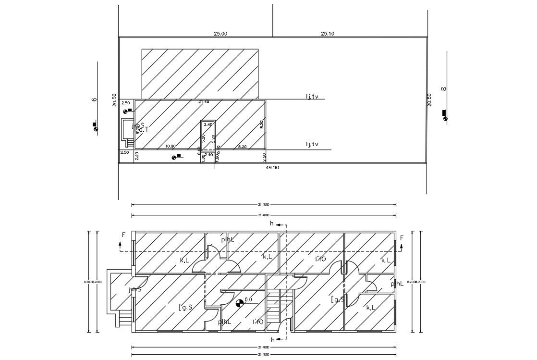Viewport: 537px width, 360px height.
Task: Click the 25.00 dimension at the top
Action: click(220, 34)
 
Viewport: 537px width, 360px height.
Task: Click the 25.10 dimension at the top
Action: click(328, 34)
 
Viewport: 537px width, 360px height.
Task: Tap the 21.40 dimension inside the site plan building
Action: click(204, 102)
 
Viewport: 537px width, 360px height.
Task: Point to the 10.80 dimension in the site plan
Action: click(170, 146)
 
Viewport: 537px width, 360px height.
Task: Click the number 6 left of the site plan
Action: click(95, 99)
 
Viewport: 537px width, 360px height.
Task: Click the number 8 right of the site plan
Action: click(444, 88)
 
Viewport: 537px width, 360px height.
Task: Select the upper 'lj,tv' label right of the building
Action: click(312, 97)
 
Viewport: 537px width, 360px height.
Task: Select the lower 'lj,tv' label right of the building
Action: click(312, 144)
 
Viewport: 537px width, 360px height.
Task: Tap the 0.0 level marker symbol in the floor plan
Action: click(240, 303)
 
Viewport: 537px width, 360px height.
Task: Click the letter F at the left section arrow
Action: click(123, 235)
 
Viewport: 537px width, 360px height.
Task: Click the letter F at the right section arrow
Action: click(402, 238)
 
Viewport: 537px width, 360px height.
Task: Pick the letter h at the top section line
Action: click(271, 223)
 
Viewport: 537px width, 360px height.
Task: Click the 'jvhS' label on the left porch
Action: click(134, 289)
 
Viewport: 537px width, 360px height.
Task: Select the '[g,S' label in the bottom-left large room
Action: click(185, 307)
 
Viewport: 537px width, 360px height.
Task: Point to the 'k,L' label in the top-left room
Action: click(184, 261)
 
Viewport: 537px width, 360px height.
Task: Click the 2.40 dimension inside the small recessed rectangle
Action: click(208, 124)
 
